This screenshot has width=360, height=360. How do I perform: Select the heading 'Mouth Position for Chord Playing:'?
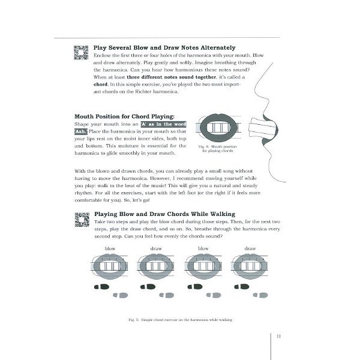coord(124,116)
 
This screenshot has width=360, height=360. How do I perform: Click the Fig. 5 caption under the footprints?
coord(180,320)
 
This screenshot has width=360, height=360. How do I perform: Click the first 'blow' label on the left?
coord(110,248)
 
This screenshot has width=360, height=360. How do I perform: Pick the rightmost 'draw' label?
coord(250,248)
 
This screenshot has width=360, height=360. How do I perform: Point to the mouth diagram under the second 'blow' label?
coord(203,265)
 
